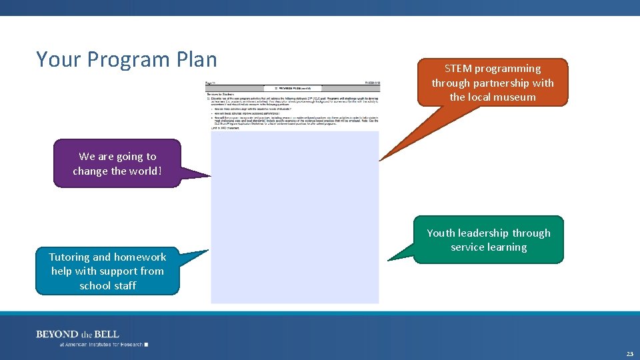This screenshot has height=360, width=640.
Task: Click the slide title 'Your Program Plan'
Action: [x=127, y=59]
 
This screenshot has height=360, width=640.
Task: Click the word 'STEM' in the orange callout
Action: [x=458, y=69]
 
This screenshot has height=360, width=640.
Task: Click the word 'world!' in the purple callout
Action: [x=146, y=171]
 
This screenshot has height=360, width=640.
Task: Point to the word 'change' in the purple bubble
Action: [x=91, y=171]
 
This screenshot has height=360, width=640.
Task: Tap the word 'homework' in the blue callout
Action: [x=140, y=257]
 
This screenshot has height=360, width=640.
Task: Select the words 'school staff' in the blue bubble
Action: [x=107, y=286]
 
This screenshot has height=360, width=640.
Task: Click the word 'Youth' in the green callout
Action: [x=441, y=233]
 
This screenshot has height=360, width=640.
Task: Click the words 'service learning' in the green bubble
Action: [x=489, y=247]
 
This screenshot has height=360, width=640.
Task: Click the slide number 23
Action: [x=629, y=353]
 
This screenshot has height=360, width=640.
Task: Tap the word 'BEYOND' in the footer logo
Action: [x=57, y=334]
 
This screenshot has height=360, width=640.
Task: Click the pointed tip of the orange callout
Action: [x=380, y=160]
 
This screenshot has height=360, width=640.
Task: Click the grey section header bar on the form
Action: [x=293, y=88]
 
